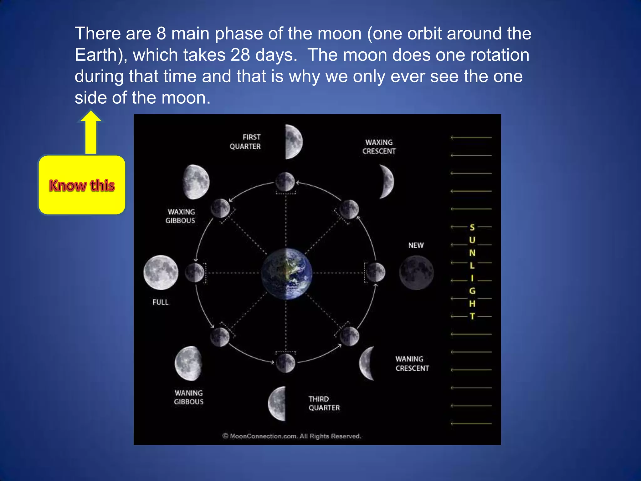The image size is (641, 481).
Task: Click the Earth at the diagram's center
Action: pos(286,274)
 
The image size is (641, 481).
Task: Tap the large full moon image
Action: pos(161,272)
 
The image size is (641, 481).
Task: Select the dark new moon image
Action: pos(416,272)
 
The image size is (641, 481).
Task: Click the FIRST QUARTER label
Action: pos(245,142)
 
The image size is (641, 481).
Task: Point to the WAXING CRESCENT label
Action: pos(379,147)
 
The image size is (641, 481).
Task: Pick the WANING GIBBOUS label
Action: pos(189,397)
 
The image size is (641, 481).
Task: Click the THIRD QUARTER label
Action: pos(324,403)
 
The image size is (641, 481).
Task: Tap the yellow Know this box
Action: pos(82,185)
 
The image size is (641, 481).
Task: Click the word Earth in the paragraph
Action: pos(96,55)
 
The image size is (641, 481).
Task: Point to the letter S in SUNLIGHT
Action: pos(472,227)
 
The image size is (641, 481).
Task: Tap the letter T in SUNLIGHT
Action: pos(472,316)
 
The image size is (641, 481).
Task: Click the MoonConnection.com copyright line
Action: pos(292,436)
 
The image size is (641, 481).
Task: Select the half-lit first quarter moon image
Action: pos(293,142)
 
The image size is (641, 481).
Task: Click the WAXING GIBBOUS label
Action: pos(180,216)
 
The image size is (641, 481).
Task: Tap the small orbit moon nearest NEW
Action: pos(376,272)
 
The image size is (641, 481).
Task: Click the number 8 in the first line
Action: pos(161,34)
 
